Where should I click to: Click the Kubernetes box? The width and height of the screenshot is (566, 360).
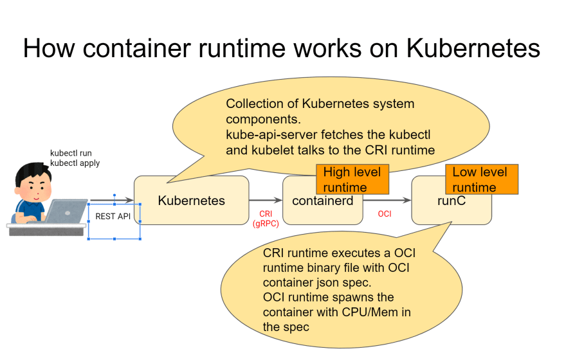(x=191, y=201)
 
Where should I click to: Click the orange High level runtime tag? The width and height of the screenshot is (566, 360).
(x=352, y=179)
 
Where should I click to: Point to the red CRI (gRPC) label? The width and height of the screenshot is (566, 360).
(x=266, y=218)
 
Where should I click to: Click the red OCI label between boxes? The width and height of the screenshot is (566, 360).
(x=384, y=213)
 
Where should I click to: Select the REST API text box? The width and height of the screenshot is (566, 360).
(x=113, y=217)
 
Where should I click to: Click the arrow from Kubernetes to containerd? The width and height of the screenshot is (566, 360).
(x=265, y=201)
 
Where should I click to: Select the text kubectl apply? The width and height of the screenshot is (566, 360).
(x=75, y=163)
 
